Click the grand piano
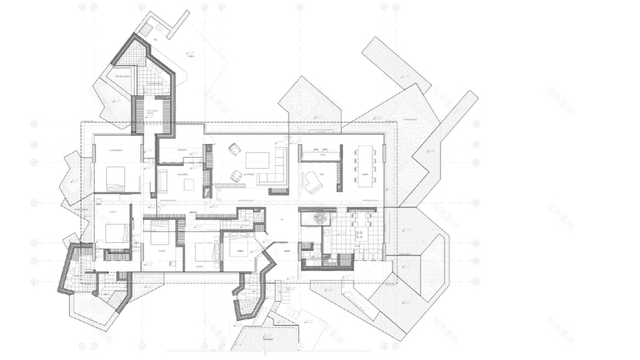point(313,182)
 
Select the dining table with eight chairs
point(364,167)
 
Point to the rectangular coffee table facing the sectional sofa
point(257,159)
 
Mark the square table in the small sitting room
point(188,184)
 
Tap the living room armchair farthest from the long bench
point(234,148)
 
